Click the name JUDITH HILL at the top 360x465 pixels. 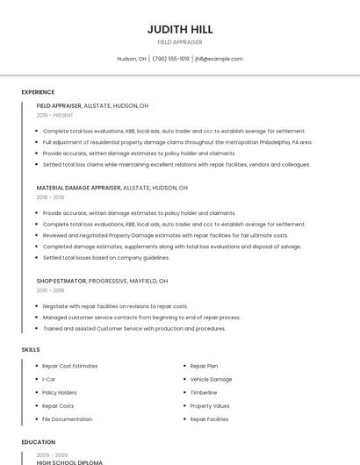click(x=179, y=29)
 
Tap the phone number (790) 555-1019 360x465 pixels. click(x=170, y=59)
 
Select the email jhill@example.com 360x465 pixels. click(x=219, y=59)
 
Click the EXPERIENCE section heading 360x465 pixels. click(x=38, y=92)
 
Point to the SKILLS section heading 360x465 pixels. click(x=31, y=350)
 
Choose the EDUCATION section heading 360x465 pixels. click(x=38, y=442)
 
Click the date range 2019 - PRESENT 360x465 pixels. click(x=54, y=115)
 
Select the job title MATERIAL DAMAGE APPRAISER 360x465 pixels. click(x=78, y=188)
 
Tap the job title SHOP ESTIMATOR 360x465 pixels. click(x=61, y=281)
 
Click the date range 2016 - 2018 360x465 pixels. click(x=50, y=290)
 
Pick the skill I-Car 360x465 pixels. click(x=49, y=379)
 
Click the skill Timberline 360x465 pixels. click(x=204, y=392)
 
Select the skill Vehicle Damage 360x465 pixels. click(x=211, y=379)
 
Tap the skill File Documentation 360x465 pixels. click(x=67, y=419)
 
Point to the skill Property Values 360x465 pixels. click(x=210, y=406)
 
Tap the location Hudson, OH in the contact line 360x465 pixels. click(x=132, y=59)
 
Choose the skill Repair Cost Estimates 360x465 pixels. click(x=70, y=366)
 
